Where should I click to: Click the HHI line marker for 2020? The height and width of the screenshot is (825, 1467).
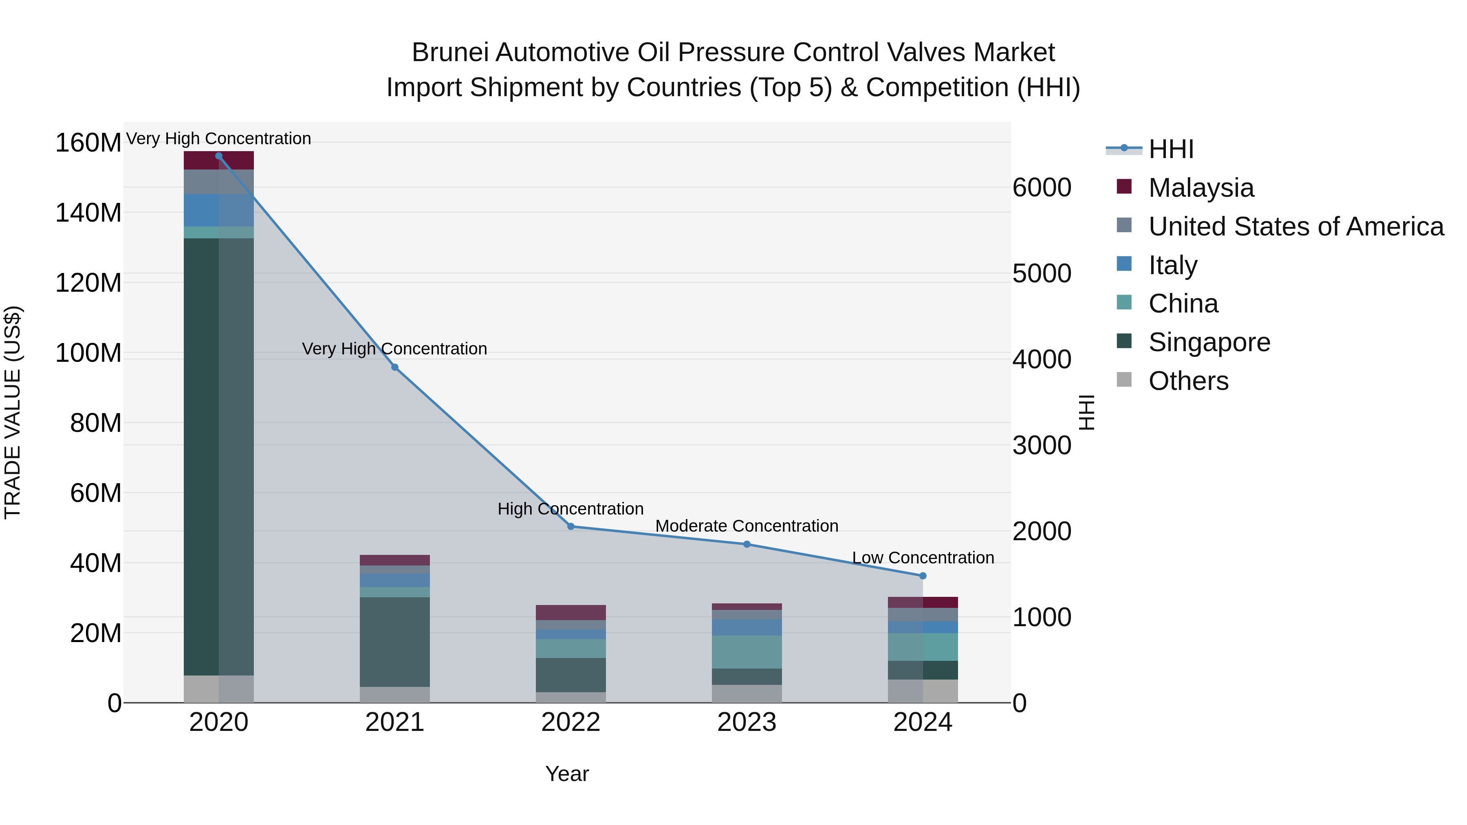(x=219, y=156)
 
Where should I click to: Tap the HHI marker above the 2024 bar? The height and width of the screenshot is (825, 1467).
(x=923, y=576)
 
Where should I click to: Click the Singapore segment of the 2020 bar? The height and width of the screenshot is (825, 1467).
(x=219, y=455)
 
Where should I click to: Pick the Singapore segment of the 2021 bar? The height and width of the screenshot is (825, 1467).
(x=394, y=642)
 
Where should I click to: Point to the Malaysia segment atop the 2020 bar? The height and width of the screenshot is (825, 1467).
(x=219, y=161)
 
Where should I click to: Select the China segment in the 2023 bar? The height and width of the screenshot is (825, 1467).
(x=747, y=652)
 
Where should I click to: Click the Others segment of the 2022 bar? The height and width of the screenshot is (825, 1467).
(x=570, y=697)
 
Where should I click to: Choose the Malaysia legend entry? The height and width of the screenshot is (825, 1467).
(x=1200, y=188)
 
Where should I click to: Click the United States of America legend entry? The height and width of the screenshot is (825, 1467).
(x=1295, y=227)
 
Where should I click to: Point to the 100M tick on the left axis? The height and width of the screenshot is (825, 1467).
(x=88, y=353)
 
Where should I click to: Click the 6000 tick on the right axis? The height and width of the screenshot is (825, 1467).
(x=1042, y=188)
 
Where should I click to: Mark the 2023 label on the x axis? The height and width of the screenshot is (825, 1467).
(x=747, y=722)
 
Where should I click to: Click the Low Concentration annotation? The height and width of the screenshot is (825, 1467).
(x=923, y=558)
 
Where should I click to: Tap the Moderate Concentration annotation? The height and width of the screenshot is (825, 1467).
(x=747, y=526)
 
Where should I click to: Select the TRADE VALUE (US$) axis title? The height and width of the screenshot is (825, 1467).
(x=13, y=412)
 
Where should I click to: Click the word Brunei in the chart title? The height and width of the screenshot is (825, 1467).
(x=449, y=53)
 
